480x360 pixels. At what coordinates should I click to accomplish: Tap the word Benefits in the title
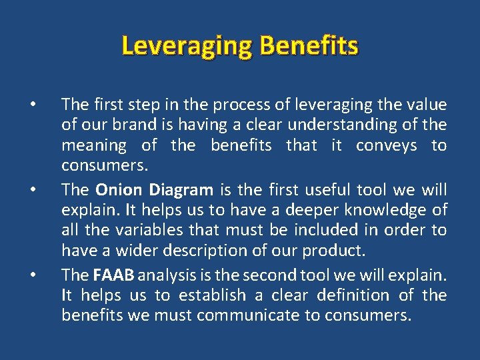309,46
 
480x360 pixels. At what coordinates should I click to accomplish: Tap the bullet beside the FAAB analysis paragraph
31,274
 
